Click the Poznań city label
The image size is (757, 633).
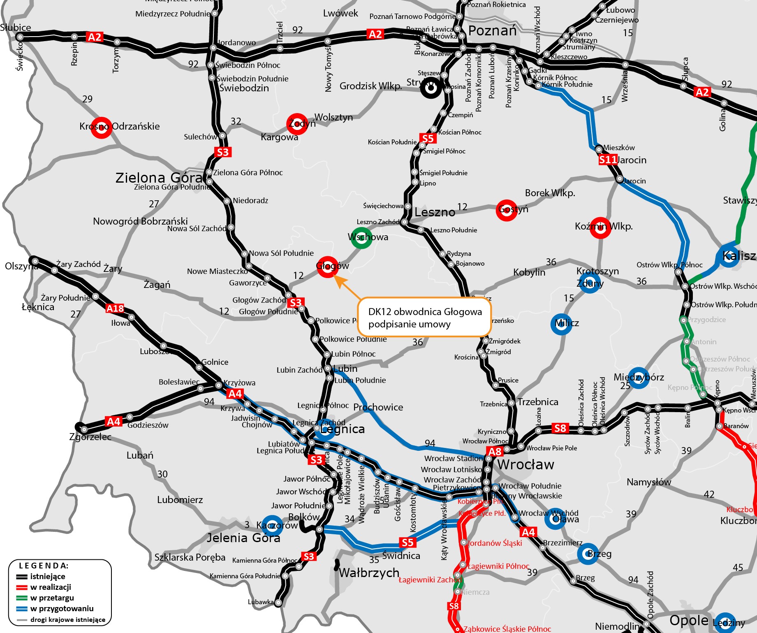(x=492, y=31)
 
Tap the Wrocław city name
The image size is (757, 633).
(x=526, y=465)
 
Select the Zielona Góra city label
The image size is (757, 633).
(x=159, y=178)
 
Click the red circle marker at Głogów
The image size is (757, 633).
(x=328, y=267)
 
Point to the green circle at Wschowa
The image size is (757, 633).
(x=361, y=238)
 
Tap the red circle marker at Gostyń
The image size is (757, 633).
(x=507, y=210)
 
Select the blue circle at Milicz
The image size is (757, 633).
(x=561, y=324)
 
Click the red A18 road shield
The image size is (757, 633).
(x=115, y=308)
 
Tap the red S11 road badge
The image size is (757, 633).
(x=608, y=160)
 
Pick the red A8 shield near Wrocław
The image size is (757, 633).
(x=495, y=452)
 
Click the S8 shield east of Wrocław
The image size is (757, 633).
(x=560, y=428)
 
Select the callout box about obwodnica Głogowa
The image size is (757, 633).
(x=424, y=318)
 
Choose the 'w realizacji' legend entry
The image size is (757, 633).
(x=51, y=587)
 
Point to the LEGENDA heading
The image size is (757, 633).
(x=44, y=566)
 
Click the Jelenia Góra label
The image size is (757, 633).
(x=243, y=538)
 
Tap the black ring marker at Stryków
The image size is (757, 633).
(x=431, y=88)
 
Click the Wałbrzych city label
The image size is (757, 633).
(x=369, y=573)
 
